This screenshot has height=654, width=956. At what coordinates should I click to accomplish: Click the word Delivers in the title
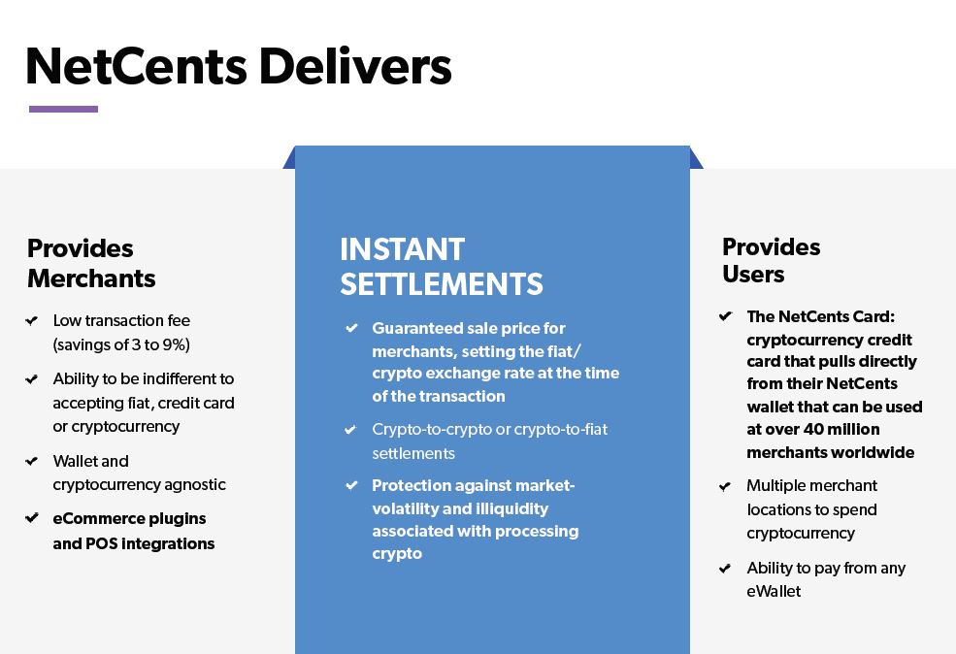(354, 66)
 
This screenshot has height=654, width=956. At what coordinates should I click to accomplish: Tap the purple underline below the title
(63, 109)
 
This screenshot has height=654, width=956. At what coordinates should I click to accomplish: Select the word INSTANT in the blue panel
(402, 249)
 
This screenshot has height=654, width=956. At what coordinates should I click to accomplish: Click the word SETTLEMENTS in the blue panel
(441, 283)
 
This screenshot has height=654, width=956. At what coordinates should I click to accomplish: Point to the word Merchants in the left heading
(91, 278)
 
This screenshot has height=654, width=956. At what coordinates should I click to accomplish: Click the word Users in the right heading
(753, 274)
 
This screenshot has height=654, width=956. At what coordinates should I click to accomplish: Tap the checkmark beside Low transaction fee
(33, 320)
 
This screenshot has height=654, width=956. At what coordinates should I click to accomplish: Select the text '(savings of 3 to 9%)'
(121, 344)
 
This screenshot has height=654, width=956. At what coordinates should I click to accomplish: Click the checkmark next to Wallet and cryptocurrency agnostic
(33, 461)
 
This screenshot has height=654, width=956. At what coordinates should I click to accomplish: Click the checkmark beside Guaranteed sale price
(351, 328)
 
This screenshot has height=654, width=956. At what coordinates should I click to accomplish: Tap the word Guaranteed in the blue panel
(418, 328)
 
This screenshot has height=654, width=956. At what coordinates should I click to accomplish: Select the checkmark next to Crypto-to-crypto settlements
(351, 429)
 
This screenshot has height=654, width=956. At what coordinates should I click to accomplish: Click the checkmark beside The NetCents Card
(725, 316)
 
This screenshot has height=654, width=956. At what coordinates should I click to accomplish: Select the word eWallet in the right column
(774, 591)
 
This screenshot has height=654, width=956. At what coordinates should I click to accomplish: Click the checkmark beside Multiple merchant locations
(725, 485)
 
